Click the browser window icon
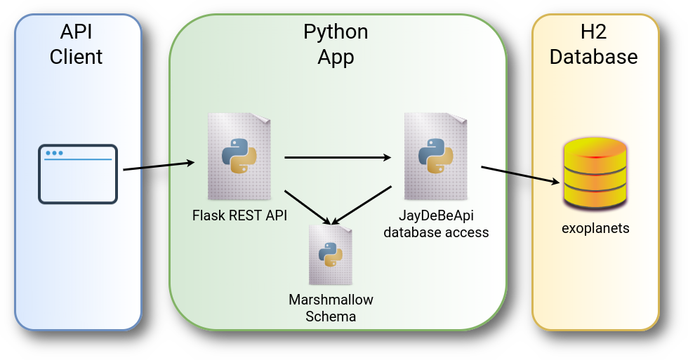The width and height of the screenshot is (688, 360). [x=77, y=174]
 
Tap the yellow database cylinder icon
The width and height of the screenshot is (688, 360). [x=595, y=174]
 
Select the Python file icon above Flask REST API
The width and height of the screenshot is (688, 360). [x=239, y=156]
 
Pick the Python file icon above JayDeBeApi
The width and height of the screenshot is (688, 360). [x=435, y=156]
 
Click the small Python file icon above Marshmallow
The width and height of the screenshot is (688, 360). [x=330, y=254]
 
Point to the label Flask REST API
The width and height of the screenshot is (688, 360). [x=239, y=215]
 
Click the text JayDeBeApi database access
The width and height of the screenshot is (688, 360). [x=435, y=223]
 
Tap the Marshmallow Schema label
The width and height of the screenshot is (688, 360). [x=331, y=308]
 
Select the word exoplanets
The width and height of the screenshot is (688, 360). [x=595, y=228]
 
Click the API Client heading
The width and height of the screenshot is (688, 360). [x=77, y=44]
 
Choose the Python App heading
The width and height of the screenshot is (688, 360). [x=336, y=44]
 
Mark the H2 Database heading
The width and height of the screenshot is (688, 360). [x=594, y=44]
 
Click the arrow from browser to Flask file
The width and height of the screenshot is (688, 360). [x=159, y=166]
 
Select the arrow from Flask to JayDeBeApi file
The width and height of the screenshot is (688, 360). [x=338, y=158]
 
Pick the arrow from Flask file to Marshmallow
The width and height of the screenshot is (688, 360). [x=307, y=206]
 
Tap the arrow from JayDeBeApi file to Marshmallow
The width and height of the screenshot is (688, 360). [x=362, y=204]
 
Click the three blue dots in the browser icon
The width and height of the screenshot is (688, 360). [x=53, y=153]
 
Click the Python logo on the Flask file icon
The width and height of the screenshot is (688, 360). [x=239, y=156]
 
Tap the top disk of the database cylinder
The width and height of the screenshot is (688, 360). [x=595, y=148]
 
